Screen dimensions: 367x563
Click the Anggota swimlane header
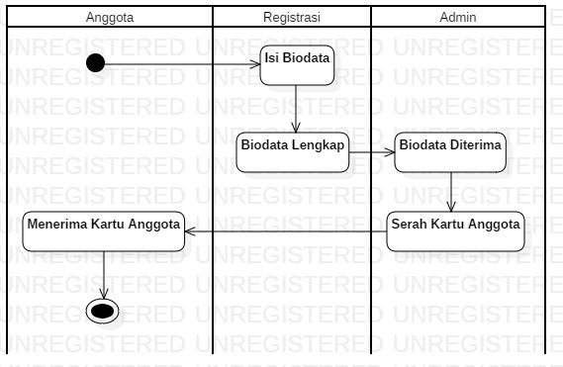tap(109, 18)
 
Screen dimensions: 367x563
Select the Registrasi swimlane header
tap(291, 18)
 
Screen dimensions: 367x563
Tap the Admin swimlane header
tap(457, 18)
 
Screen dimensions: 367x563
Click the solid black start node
tap(96, 64)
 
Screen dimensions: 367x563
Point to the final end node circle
tap(103, 310)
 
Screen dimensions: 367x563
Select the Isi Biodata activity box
tap(297, 64)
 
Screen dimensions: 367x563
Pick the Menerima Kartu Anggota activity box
tap(103, 230)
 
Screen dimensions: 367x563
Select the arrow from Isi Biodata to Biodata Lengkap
tap(297, 109)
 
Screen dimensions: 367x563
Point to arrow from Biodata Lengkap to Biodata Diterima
tap(372, 152)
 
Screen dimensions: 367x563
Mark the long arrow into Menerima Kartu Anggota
tap(287, 230)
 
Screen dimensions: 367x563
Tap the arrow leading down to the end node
tap(103, 272)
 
